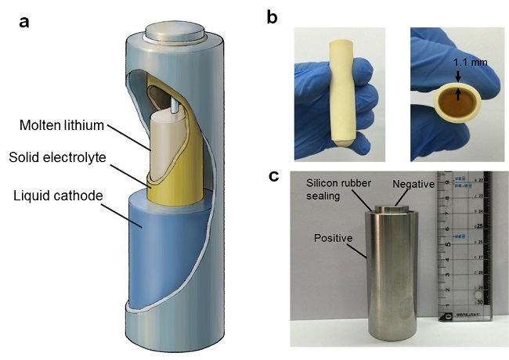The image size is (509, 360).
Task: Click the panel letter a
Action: pos(24,22)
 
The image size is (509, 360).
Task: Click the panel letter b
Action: pos(273,17)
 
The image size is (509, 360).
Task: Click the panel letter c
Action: pos(274,176)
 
